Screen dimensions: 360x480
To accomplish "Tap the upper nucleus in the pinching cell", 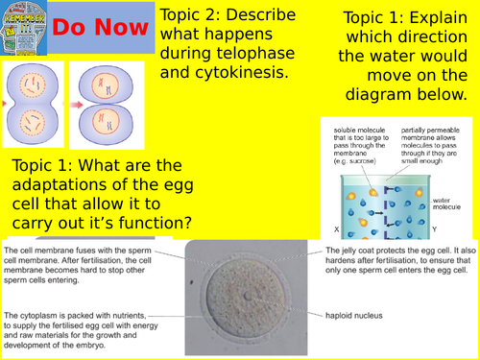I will pos(34,84).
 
